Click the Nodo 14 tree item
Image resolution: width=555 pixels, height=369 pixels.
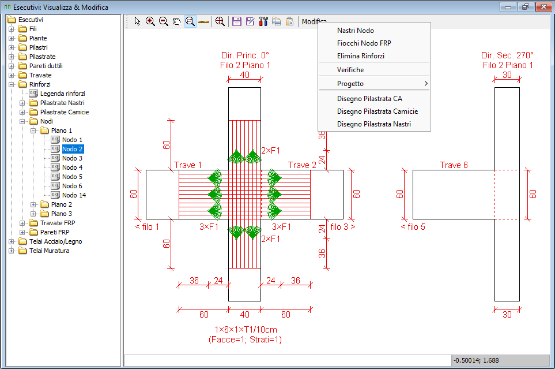(x=74, y=195)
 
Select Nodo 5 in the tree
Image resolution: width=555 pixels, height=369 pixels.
(x=72, y=177)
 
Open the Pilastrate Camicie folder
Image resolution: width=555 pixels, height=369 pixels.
(x=65, y=112)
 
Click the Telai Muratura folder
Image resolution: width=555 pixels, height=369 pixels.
(x=49, y=251)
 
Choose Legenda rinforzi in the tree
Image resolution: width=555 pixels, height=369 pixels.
(x=63, y=94)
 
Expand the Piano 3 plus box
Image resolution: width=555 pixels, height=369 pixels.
(x=33, y=214)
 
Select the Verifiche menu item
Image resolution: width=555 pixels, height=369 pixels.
(x=350, y=70)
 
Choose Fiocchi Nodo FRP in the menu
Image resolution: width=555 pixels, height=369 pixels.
(x=364, y=43)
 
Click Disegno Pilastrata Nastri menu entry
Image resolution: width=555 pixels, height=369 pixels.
(x=374, y=124)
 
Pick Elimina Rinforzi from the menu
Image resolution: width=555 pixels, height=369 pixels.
(x=361, y=56)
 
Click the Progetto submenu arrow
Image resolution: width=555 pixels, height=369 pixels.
(x=426, y=83)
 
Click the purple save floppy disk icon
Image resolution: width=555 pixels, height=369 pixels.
(x=237, y=21)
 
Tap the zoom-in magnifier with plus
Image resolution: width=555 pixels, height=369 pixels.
(x=150, y=21)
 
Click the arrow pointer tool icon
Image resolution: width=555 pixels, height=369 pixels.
(x=137, y=21)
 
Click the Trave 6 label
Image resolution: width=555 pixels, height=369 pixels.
(x=454, y=165)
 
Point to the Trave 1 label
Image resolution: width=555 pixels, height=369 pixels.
(x=188, y=165)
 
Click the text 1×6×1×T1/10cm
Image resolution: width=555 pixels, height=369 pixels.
(x=246, y=330)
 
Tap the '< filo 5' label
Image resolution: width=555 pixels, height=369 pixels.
(x=413, y=227)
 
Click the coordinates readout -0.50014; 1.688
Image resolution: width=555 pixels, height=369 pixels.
(x=476, y=360)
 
